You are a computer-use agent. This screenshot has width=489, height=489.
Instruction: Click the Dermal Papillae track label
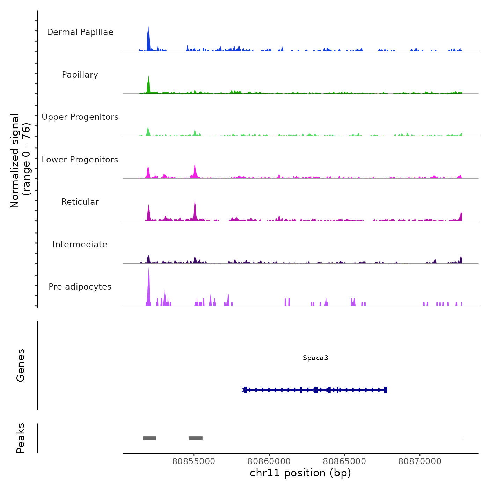(x=80, y=32)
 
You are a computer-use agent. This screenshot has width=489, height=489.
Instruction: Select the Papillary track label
(x=80, y=75)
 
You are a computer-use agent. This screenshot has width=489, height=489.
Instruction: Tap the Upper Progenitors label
(x=80, y=117)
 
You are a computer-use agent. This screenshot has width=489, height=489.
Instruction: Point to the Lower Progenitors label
(x=80, y=160)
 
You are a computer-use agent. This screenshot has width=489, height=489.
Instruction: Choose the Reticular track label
(x=80, y=202)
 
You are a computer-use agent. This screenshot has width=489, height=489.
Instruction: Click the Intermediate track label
(x=80, y=245)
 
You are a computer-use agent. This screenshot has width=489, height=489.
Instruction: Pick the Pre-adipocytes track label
(x=80, y=287)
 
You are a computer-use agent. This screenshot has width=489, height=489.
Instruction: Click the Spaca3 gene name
(x=315, y=358)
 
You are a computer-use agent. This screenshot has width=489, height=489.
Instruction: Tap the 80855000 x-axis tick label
(x=194, y=461)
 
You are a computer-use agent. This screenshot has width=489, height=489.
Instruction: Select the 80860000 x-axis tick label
(x=269, y=461)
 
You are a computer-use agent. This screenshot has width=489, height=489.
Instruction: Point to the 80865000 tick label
(x=344, y=461)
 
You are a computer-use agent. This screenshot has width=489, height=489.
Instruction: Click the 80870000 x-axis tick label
(x=420, y=461)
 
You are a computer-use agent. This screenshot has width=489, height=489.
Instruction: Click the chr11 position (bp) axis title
(x=300, y=473)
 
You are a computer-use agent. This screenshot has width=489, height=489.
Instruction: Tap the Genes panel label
(x=21, y=365)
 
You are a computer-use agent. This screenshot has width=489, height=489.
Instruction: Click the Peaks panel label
(x=21, y=438)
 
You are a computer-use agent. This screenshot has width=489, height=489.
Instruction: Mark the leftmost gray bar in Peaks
(x=149, y=438)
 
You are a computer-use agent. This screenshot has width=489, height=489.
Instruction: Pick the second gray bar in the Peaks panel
(x=196, y=438)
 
